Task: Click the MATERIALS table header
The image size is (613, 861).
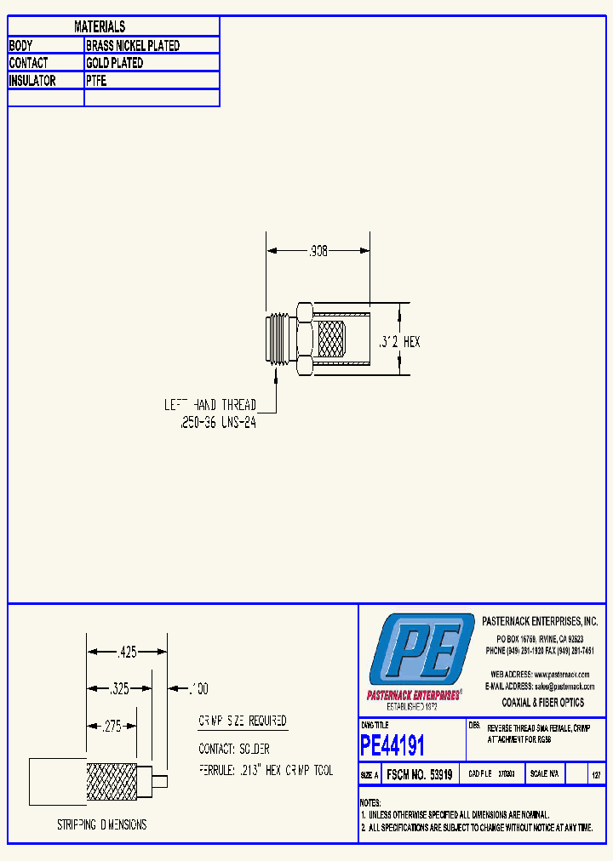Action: coord(100,27)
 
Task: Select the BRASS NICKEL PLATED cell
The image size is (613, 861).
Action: coord(133,45)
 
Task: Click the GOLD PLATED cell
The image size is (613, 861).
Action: coord(114,63)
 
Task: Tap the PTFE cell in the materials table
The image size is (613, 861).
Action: coord(96,81)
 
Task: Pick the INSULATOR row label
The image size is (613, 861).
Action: coord(32,81)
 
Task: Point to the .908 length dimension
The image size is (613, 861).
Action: coord(318,251)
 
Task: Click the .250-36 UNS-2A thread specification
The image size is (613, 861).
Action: coord(218,423)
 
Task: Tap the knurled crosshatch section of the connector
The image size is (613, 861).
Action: coord(333,342)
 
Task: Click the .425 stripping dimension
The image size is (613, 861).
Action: coord(127,653)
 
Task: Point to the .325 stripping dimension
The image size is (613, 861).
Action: coord(120,689)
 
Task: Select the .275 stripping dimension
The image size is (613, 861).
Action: coord(112,727)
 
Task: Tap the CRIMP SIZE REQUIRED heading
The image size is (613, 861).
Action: coord(243,721)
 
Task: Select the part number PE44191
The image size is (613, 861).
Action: coord(392,746)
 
